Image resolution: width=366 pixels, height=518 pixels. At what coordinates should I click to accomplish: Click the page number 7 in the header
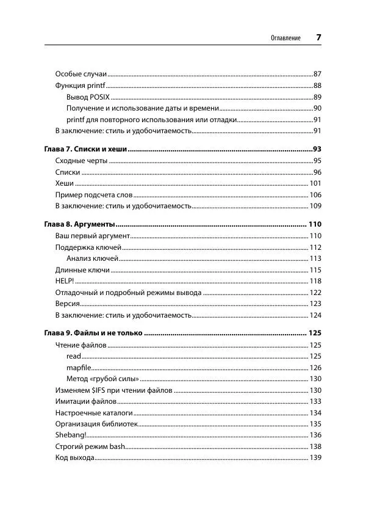coord(318,37)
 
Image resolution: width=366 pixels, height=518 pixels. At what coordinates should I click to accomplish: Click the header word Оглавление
coord(285,38)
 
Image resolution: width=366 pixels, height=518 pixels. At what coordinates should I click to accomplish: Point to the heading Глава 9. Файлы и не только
coord(93,334)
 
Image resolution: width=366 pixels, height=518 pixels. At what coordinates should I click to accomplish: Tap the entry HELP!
coord(64,281)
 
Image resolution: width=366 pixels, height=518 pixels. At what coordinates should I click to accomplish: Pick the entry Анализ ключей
coord(92,258)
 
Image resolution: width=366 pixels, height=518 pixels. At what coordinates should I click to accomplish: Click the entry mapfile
coord(79,367)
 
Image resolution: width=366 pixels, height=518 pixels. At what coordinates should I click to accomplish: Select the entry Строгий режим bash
coord(90,447)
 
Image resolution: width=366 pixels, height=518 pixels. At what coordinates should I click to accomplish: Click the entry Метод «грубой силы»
coord(101,379)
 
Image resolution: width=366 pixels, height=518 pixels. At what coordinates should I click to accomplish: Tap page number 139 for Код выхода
coord(315,458)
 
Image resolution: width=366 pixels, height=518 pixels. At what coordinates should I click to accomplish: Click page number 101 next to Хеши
coord(315,183)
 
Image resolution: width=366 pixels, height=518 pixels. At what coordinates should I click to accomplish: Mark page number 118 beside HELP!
coord(315,281)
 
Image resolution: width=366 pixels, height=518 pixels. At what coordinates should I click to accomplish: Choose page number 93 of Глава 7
coord(317,149)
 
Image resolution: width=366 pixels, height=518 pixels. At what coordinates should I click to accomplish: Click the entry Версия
coord(66,304)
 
